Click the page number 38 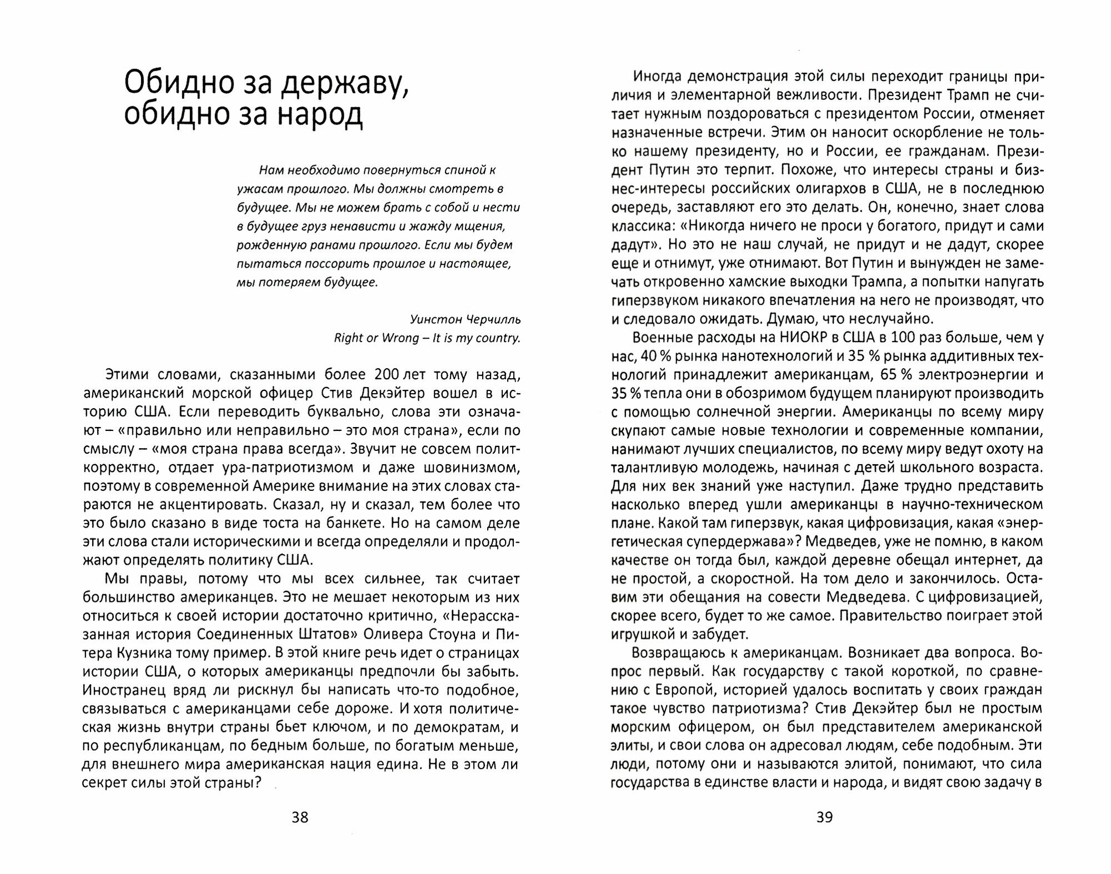click(x=299, y=817)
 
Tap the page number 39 click(x=825, y=817)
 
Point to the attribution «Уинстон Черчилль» click(x=466, y=319)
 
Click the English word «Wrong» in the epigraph click(x=400, y=338)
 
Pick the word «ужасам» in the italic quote click(x=257, y=189)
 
